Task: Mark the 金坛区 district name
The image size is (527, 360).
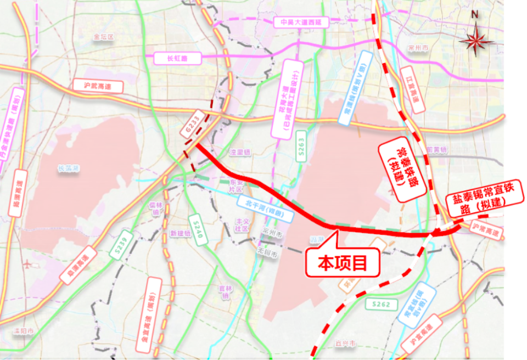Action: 103,37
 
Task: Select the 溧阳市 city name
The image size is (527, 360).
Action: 25,332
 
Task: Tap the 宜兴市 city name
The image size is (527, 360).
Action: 345,344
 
